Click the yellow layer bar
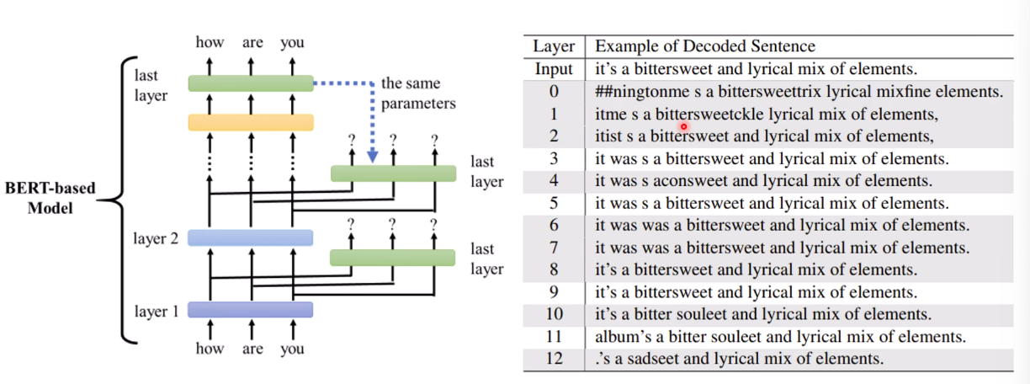tap(251, 122)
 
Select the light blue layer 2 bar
tap(251, 237)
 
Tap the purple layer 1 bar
tap(251, 310)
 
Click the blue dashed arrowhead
tap(373, 157)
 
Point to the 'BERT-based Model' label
tap(50, 198)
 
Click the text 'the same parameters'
tap(418, 93)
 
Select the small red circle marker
tap(684, 126)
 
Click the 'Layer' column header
tap(554, 46)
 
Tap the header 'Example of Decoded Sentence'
tap(705, 46)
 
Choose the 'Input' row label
tap(554, 69)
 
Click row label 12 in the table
tap(554, 359)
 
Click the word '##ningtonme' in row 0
tap(642, 92)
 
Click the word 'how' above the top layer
tap(210, 42)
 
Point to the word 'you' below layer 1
tap(293, 349)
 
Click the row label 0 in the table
tap(554, 92)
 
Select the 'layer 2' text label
tap(156, 238)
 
